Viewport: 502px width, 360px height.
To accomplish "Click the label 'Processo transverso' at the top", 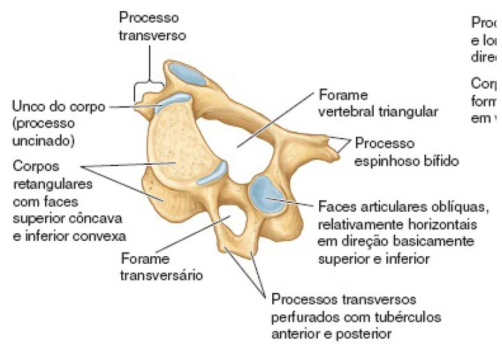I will pos(147,25).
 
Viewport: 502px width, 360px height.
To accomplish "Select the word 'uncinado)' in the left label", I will pos(42,141).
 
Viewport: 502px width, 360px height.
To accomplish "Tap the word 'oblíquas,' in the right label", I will pos(463,207).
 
